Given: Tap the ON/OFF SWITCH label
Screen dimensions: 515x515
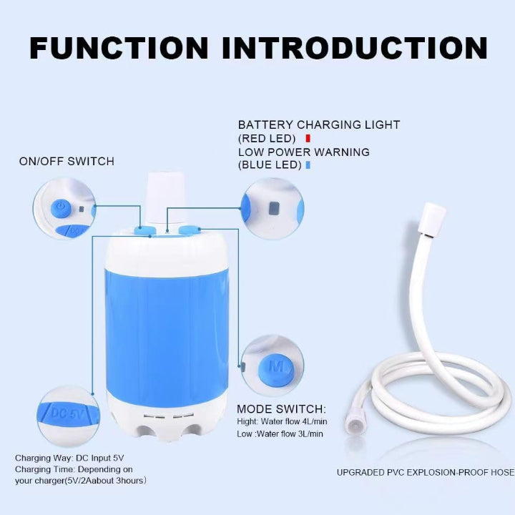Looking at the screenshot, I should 67,162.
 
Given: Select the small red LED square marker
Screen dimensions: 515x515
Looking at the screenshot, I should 308,137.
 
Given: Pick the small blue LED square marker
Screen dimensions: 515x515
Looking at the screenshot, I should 308,165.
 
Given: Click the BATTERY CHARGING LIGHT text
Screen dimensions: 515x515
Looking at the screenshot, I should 319,124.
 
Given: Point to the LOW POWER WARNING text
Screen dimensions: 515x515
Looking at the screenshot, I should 304,152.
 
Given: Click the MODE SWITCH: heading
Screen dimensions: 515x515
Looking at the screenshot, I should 281,410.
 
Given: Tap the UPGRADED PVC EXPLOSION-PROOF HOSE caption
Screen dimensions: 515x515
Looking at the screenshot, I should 425,472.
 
